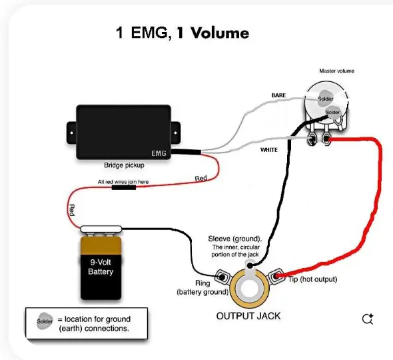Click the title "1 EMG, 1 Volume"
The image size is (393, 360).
tap(183, 33)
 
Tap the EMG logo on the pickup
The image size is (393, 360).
tap(159, 153)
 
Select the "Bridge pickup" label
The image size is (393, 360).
tap(124, 165)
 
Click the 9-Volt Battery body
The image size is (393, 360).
tap(101, 268)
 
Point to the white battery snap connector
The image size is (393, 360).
tap(101, 229)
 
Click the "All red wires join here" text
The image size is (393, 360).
tap(123, 181)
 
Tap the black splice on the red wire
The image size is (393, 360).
tap(124, 187)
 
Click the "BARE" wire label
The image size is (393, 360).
tap(278, 95)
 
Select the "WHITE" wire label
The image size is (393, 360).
tap(269, 150)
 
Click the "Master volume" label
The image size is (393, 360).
tap(336, 71)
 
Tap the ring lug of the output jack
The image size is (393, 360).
tap(222, 277)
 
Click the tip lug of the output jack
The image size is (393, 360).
tap(276, 276)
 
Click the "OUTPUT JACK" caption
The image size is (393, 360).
tap(248, 316)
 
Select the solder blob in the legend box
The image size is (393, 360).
tap(45, 321)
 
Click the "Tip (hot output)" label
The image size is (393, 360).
tap(312, 279)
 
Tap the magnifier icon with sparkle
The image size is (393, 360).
tap(368, 319)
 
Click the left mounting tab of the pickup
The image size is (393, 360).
tap(71, 133)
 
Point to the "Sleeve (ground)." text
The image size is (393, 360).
tap(235, 239)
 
